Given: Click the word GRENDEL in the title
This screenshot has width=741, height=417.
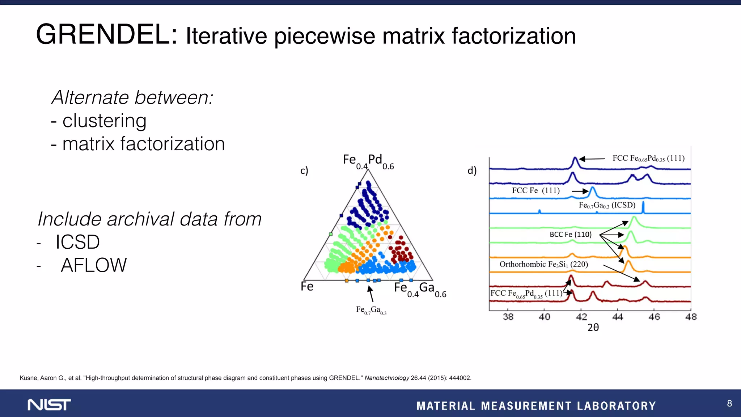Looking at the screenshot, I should (106, 35).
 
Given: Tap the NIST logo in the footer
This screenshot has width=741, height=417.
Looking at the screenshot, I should (49, 405).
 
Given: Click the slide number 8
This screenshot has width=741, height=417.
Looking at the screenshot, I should (729, 403).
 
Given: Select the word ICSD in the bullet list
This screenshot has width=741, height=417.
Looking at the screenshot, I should (77, 242).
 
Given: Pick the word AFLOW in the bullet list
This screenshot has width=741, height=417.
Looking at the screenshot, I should (94, 265).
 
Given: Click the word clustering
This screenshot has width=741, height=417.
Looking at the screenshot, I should (104, 121).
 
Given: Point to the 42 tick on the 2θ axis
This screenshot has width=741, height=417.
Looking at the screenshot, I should (581, 317).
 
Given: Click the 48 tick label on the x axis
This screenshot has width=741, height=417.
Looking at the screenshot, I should (691, 317).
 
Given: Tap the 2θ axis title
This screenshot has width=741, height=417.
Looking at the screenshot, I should (593, 328).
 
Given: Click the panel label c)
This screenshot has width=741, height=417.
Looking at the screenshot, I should (304, 170).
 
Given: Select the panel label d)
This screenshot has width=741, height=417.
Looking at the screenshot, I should (472, 170).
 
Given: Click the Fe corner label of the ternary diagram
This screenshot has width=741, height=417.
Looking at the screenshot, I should (307, 287).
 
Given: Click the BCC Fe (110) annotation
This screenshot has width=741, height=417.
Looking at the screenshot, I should (571, 235).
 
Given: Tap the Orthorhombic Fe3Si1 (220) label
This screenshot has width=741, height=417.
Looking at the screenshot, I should (543, 264).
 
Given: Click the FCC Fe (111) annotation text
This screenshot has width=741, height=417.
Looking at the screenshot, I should (535, 190).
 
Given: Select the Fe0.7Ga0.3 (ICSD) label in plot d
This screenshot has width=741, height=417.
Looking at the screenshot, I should (607, 205).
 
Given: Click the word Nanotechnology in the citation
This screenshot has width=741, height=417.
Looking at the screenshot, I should (386, 378).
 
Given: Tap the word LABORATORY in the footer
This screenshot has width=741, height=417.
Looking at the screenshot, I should (616, 406).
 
